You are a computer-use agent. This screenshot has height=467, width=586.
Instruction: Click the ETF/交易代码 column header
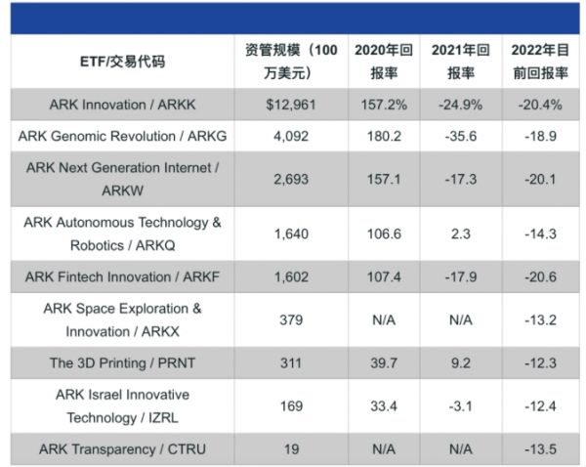tap(122, 61)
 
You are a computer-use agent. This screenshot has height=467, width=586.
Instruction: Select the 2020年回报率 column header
tap(384, 61)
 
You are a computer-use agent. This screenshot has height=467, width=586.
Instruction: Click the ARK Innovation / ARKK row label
tap(122, 105)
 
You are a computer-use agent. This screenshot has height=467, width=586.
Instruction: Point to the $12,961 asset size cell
tap(290, 105)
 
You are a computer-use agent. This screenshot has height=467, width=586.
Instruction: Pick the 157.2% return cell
tap(384, 105)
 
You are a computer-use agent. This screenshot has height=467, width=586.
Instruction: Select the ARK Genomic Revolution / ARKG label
tap(122, 137)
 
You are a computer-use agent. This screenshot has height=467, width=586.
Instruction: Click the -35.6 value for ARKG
tap(460, 137)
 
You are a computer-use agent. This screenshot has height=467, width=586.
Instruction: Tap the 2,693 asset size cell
tap(290, 179)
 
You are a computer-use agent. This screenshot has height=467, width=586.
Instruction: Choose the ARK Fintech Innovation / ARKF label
tap(122, 276)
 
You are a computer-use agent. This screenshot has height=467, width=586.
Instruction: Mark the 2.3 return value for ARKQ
tap(460, 233)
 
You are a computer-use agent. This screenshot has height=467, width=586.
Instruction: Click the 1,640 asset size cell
tap(290, 233)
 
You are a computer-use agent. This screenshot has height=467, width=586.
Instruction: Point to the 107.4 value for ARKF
tap(384, 276)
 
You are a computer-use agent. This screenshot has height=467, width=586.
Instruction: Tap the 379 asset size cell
tap(290, 319)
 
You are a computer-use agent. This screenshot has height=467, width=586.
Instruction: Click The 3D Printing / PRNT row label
tap(122, 362)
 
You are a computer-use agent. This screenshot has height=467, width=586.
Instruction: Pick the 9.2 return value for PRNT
tap(460, 362)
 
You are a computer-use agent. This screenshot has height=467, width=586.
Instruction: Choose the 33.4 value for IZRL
tap(384, 405)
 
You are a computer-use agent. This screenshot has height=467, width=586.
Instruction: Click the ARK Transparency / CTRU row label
tap(122, 449)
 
